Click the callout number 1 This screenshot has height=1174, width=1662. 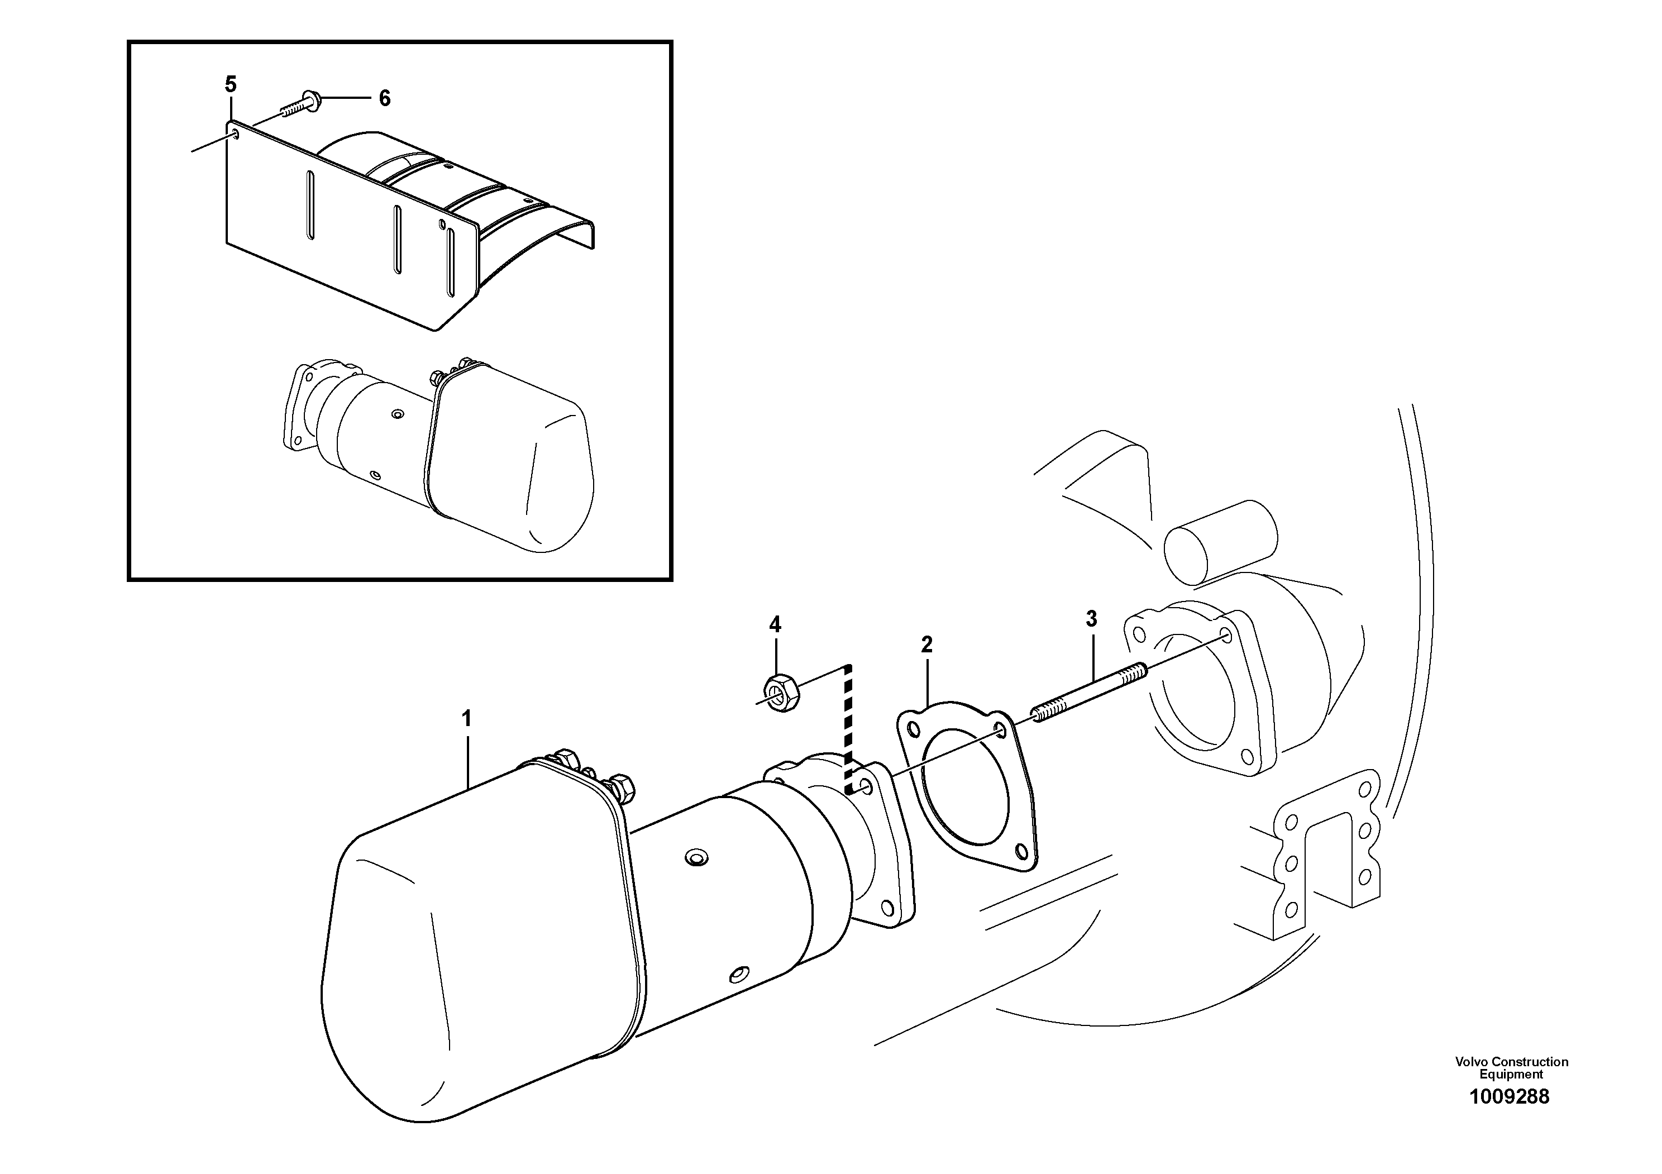click(467, 719)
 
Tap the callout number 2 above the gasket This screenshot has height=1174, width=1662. click(926, 644)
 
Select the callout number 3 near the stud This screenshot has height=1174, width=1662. click(1092, 619)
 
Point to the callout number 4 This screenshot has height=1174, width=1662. click(775, 624)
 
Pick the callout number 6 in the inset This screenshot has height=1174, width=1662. click(384, 98)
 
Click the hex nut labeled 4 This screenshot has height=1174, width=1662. click(780, 691)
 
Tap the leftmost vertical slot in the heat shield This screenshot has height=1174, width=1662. click(311, 206)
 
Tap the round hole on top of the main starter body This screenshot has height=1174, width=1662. click(696, 858)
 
